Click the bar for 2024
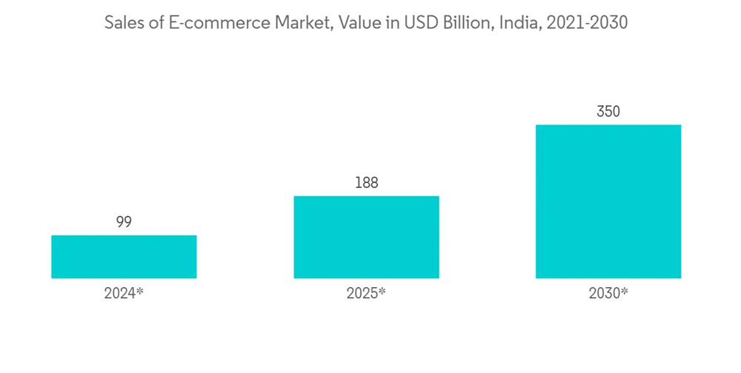[x=124, y=257]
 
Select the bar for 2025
[x=366, y=237]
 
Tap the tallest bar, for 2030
[x=608, y=201]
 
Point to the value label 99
[x=124, y=222]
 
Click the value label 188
[x=366, y=183]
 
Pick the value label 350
[x=608, y=112]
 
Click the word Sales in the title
[x=124, y=23]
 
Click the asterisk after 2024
[x=139, y=291]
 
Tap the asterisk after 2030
[x=625, y=291]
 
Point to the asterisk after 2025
[x=382, y=291]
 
